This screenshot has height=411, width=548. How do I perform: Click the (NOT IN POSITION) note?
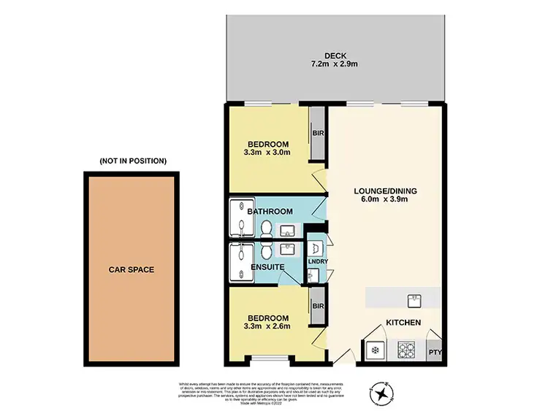click(133, 161)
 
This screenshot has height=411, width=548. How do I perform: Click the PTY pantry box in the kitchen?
click(436, 351)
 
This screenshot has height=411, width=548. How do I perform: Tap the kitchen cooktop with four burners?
click(406, 350)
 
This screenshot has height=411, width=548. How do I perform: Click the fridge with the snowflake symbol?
click(375, 350)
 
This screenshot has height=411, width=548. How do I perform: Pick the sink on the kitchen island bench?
click(414, 298)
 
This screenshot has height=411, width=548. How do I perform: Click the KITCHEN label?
click(403, 322)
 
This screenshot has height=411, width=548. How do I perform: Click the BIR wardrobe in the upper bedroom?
click(318, 134)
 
